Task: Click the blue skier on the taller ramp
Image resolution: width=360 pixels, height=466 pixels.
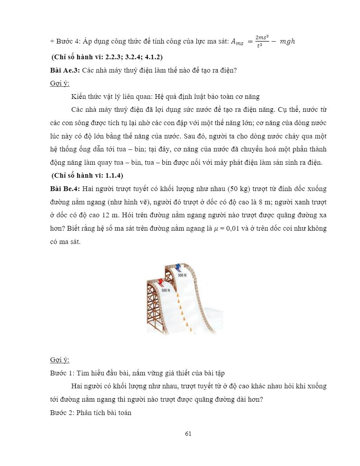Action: pos(178,268)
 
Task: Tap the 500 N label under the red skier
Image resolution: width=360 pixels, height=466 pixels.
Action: pos(166,290)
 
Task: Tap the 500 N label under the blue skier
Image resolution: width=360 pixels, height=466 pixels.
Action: pos(182,275)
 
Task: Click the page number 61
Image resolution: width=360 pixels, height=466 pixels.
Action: pos(188,433)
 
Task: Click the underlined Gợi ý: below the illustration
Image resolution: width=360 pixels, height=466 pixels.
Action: pos(60,360)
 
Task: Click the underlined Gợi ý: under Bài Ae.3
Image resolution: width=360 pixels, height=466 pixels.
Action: pos(60,83)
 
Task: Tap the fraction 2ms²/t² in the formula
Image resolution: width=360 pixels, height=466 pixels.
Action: pos(262,41)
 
